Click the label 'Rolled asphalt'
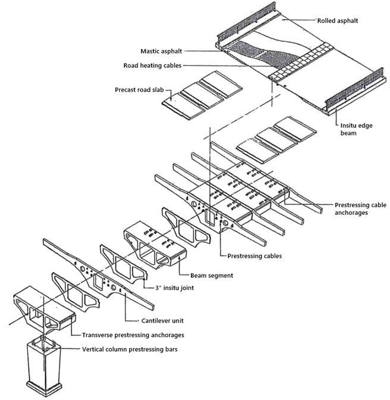tap(338, 21)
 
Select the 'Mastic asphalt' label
tap(161, 51)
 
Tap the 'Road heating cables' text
tap(152, 65)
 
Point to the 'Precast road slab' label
tap(139, 90)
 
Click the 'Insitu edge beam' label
tap(356, 129)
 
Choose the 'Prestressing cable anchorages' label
tap(360, 209)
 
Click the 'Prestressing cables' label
tap(254, 256)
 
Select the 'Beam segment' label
tap(212, 276)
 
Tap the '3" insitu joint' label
tap(175, 287)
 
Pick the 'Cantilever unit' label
tap(162, 321)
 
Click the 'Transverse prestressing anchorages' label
tap(133, 335)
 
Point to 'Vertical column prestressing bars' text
tap(130, 349)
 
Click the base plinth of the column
tap(44, 388)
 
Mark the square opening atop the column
tap(44, 342)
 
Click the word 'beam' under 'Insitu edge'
tap(348, 133)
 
